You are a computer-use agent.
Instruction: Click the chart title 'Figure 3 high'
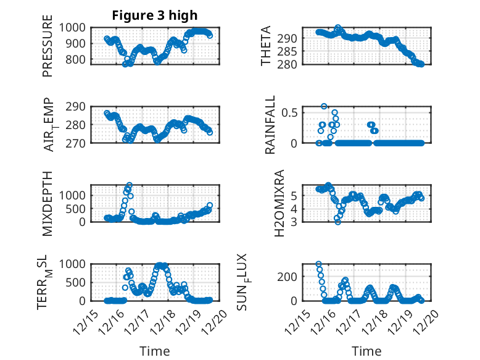point(154,15)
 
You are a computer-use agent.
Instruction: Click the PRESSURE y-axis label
point(48,51)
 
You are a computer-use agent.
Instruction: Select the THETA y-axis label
point(266,46)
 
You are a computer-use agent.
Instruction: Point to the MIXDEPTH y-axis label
point(48,203)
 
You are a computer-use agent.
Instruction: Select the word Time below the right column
point(366,351)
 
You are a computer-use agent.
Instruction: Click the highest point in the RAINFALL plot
point(324,106)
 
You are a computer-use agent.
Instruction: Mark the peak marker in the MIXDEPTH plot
point(130,185)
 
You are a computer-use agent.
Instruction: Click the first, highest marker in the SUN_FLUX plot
point(319,264)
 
